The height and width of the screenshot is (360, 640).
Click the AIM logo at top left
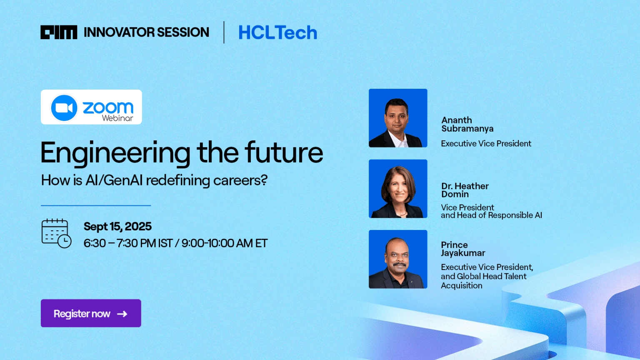click(58, 32)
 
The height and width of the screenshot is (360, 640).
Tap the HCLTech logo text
click(277, 32)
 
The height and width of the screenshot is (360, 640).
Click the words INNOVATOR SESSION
click(146, 32)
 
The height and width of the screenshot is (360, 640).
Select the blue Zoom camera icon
click(64, 107)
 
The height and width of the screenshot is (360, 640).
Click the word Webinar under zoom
click(117, 118)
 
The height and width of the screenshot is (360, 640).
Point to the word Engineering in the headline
click(115, 153)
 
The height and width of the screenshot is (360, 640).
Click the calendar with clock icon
click(56, 233)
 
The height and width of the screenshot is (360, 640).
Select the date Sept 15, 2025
click(117, 226)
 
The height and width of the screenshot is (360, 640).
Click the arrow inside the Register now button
click(122, 314)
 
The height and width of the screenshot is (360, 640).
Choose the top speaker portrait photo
click(398, 118)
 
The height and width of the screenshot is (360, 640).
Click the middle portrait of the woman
click(398, 189)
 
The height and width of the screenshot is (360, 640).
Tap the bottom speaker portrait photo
click(398, 259)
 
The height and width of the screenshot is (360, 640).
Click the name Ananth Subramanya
click(467, 124)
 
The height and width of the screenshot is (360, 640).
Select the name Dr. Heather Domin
click(465, 190)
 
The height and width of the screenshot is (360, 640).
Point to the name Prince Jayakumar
click(463, 249)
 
